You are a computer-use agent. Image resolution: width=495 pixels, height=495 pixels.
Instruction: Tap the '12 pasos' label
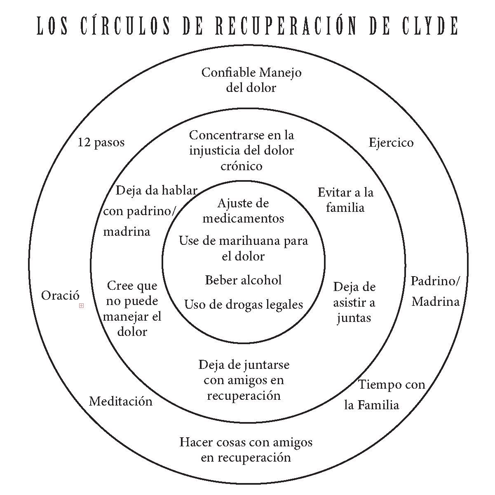click(x=101, y=143)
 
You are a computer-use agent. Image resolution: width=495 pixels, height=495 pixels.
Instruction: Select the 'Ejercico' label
click(x=391, y=143)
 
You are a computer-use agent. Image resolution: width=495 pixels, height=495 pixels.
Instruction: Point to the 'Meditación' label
click(x=121, y=401)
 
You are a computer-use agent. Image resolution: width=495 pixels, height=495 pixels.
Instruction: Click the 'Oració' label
click(x=60, y=296)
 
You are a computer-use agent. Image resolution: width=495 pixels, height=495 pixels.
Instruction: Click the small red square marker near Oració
click(x=81, y=306)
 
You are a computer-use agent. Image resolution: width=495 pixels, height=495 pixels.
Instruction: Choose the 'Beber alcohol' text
click(x=243, y=280)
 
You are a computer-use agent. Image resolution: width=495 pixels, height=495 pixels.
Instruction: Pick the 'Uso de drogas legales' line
click(x=243, y=305)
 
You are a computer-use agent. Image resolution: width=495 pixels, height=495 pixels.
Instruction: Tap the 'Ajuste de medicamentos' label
click(x=243, y=210)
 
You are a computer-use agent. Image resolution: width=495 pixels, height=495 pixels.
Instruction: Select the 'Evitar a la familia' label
click(x=345, y=199)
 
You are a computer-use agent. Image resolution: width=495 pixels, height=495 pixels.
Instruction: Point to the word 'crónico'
click(x=242, y=166)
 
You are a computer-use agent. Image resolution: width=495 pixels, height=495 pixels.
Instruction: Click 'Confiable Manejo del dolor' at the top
click(x=251, y=80)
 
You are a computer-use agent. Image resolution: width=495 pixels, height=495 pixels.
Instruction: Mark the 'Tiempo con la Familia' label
click(x=385, y=395)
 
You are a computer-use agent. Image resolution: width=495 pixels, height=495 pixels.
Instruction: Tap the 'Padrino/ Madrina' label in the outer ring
click(x=435, y=291)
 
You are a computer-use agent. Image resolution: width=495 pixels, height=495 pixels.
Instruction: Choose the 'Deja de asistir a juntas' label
click(x=354, y=302)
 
